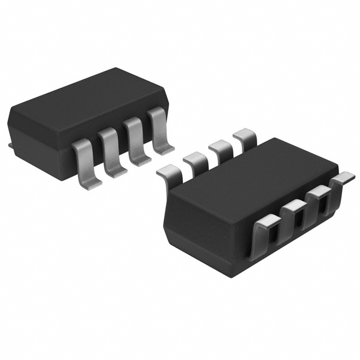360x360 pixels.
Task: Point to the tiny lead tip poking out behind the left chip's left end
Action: click(x=11, y=146)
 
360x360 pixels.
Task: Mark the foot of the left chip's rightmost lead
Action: click(x=164, y=150)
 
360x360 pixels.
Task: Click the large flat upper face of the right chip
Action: click(x=247, y=180)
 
